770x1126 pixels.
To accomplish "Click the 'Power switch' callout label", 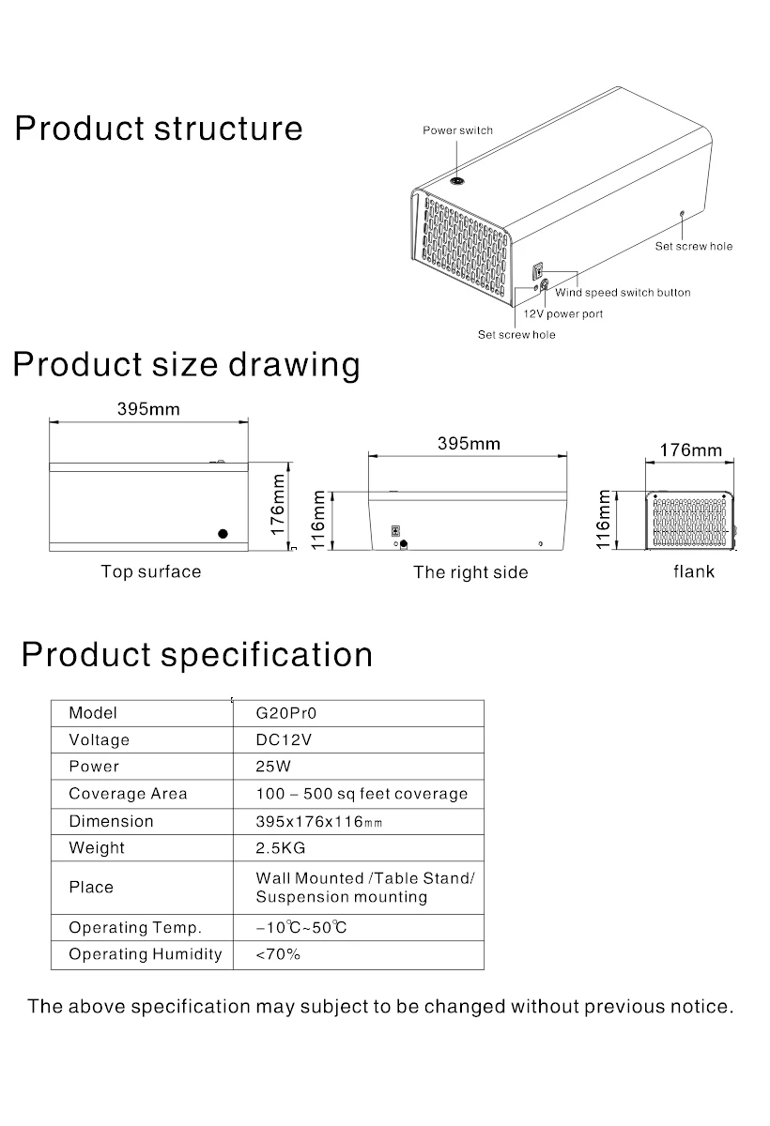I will point(457,130).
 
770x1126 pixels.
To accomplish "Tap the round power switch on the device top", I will point(458,181).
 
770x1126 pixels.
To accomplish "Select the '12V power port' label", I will point(563,314).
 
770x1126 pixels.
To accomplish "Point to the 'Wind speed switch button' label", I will point(623,293).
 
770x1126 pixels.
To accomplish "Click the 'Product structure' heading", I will point(159,129).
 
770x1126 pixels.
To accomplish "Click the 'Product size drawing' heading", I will point(186,364).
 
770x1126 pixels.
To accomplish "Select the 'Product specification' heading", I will point(197,654).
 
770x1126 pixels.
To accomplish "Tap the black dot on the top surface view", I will point(223,533).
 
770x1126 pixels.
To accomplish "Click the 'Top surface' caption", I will point(151,571).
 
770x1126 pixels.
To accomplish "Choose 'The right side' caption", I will point(470,572).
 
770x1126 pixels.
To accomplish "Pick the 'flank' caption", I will point(693,571).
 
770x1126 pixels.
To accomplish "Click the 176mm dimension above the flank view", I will point(691,449).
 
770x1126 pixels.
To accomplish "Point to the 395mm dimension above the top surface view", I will point(148,409).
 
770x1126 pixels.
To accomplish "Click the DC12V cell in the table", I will point(284,739).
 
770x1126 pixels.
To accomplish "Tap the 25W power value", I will point(273,767).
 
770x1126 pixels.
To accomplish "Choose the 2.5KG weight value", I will point(281,848).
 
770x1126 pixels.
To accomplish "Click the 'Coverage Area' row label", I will point(128,794).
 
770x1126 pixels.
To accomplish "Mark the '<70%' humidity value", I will point(278,955).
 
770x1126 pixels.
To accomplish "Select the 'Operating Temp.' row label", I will point(135,928).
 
